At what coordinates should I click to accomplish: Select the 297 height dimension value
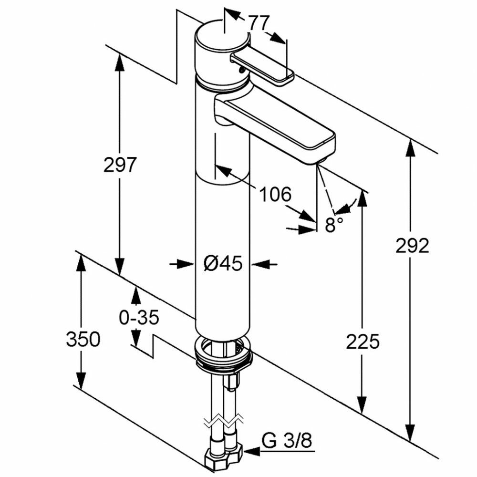coord(120,165)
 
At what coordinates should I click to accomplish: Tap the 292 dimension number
coord(412,246)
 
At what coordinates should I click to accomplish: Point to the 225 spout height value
coord(363,342)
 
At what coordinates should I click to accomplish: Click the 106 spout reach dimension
coord(275,194)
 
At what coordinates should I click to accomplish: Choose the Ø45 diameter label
coord(223,263)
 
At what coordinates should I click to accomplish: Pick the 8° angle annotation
coord(334,225)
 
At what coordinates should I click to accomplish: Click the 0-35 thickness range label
coord(139,318)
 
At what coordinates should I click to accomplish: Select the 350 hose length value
coord(83,340)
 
